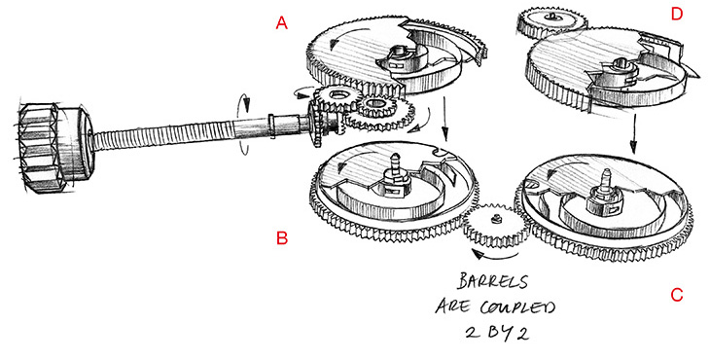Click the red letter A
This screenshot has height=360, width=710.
282,22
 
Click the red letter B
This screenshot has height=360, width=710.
282,238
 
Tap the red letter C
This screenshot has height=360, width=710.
677,295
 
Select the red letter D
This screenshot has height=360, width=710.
677,14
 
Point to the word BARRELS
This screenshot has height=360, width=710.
493,281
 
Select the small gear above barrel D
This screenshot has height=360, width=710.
552,21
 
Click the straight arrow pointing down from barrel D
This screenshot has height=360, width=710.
633,134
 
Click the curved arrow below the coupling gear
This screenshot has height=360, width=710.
494,256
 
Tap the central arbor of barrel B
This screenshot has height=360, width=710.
393,177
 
